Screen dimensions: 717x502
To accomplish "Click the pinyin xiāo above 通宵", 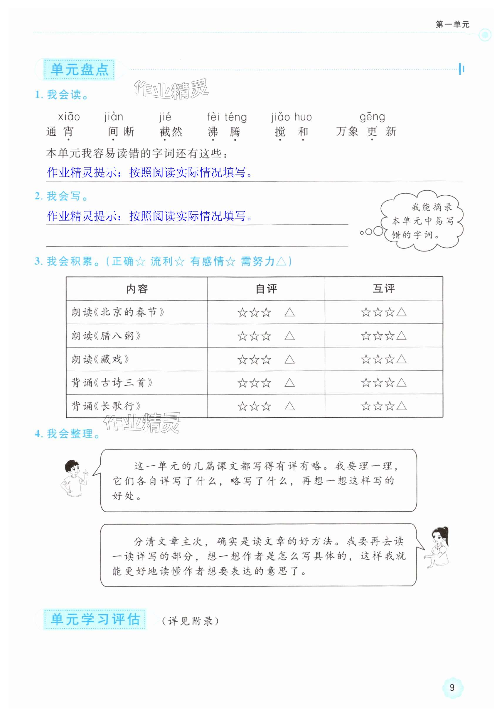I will pos(69,117).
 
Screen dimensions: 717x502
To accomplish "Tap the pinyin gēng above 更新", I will pos(372,117).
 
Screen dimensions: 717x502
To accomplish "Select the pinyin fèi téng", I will pos(227,117).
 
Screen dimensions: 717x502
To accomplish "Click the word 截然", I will pos(171,132).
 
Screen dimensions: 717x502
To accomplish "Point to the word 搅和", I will pos(291,132).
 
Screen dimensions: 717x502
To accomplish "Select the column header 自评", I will pos(266,289).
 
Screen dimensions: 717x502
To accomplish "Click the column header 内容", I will pos(137,289).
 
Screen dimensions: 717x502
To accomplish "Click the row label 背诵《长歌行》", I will pos(106,406).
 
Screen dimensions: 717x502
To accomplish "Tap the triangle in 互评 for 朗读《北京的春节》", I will pos(401,312).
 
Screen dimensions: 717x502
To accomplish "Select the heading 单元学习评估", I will pos(95,620).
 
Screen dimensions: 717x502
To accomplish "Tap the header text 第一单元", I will pos(452,24).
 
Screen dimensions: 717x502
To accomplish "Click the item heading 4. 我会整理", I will pos(67,434).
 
